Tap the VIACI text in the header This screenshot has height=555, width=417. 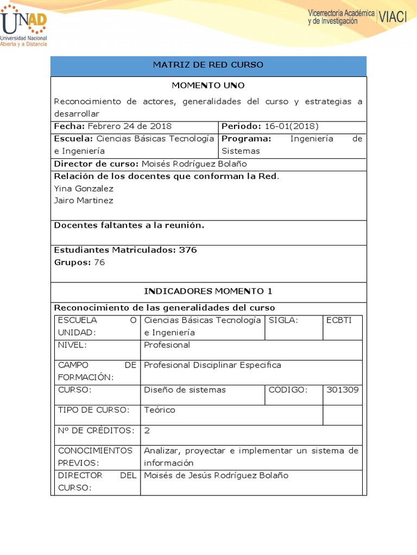tap(392, 17)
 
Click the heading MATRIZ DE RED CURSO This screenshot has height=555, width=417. tap(208, 65)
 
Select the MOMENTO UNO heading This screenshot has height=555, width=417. tap(208, 86)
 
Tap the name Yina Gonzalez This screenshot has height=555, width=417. tap(84, 189)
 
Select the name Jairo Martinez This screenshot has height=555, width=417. tap(84, 201)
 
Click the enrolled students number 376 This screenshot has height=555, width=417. tap(188, 250)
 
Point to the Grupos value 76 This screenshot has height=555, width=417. tap(99, 262)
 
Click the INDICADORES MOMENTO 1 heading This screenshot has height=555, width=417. tap(208, 291)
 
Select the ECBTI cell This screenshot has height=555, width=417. tap(339, 320)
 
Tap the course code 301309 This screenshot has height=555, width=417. tap(342, 390)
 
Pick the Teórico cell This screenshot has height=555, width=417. tap(160, 410)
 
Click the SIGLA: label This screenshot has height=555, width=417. tap(283, 320)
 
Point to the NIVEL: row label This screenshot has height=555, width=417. tap(72, 345)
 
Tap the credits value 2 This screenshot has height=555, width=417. tap(147, 430)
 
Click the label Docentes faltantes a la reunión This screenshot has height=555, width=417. tap(129, 225)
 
